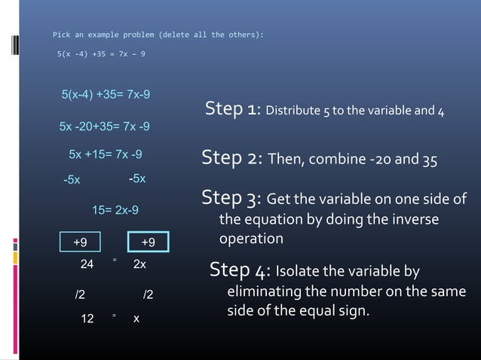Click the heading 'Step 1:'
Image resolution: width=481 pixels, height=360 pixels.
(x=233, y=109)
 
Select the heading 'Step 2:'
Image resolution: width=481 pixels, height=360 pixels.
(x=231, y=158)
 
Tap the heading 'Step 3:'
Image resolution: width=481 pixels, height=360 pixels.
(x=231, y=198)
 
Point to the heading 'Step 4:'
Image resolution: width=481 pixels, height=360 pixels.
(x=240, y=270)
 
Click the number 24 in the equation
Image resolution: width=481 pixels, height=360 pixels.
(x=87, y=265)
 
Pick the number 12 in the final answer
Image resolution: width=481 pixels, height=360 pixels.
(x=87, y=319)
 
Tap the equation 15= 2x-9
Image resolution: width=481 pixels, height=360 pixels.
(x=115, y=210)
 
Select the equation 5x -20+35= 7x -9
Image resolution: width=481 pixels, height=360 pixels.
(x=104, y=126)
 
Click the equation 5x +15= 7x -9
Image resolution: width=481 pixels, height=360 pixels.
(x=106, y=154)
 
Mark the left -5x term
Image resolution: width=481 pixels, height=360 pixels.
(x=71, y=180)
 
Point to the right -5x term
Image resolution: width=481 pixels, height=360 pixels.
(x=136, y=178)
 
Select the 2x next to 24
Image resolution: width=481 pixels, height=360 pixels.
(x=139, y=265)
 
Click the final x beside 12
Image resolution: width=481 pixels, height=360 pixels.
(x=136, y=319)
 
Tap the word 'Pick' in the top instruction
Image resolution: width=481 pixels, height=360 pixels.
(x=59, y=35)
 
